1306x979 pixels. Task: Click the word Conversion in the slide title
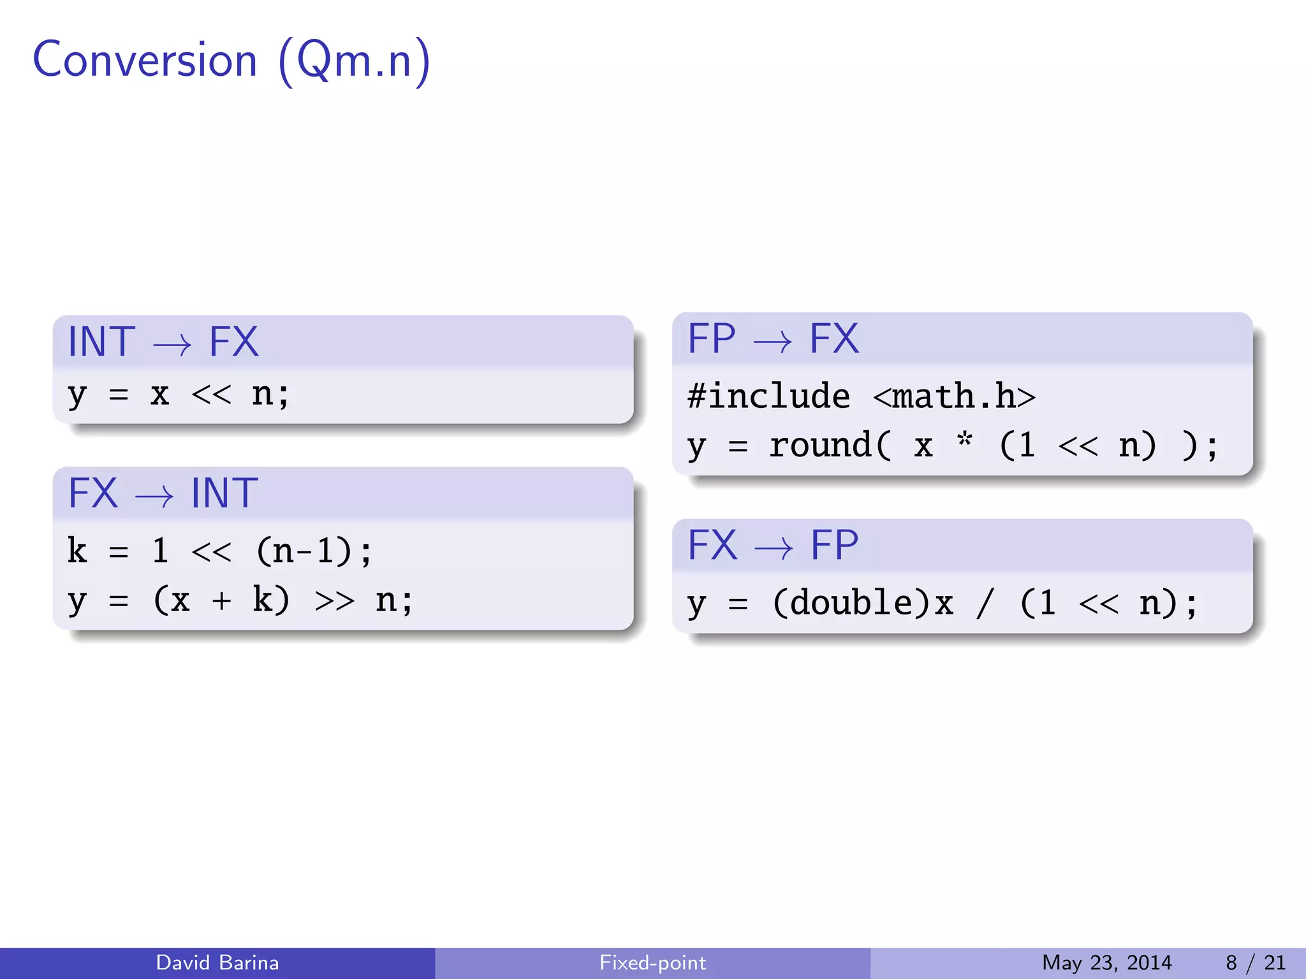click(145, 60)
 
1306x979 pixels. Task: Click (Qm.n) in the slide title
click(355, 61)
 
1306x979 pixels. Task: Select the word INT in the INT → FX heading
click(101, 342)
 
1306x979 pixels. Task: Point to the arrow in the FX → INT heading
click(154, 497)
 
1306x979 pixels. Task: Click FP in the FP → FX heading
click(712, 338)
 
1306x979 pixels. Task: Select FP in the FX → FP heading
click(834, 545)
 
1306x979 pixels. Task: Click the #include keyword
click(768, 396)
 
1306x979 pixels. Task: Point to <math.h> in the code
click(954, 396)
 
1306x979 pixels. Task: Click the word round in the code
click(820, 445)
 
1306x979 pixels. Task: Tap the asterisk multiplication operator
click(965, 440)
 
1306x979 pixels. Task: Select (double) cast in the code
click(853, 603)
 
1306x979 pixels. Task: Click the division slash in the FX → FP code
click(985, 603)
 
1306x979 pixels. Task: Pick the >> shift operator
click(334, 600)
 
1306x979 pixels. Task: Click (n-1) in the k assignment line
click(304, 551)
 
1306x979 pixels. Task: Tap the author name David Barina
click(217, 962)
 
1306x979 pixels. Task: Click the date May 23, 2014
click(1106, 962)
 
